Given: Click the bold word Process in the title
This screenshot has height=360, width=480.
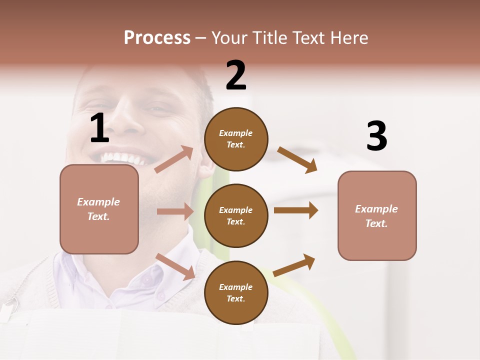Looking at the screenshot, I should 157,38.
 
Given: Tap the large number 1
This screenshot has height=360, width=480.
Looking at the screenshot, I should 99,128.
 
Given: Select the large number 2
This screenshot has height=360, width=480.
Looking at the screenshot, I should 236,75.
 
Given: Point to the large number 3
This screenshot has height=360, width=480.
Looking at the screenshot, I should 376,136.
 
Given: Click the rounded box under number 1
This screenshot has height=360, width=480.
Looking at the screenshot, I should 99,209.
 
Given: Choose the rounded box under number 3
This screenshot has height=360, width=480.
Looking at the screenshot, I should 377,215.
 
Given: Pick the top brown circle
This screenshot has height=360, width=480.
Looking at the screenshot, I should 236,139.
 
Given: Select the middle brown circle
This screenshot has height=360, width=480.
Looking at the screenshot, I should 236,215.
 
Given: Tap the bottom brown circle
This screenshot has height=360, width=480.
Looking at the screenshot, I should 236,292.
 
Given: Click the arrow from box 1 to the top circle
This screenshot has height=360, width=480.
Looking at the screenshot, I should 174,159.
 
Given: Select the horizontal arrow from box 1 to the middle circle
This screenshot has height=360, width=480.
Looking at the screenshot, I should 175,211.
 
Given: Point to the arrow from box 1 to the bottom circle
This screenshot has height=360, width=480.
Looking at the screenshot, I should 175,266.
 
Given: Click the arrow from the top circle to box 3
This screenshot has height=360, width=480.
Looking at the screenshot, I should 297,159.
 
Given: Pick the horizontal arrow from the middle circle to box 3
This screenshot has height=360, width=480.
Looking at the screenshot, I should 296,210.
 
